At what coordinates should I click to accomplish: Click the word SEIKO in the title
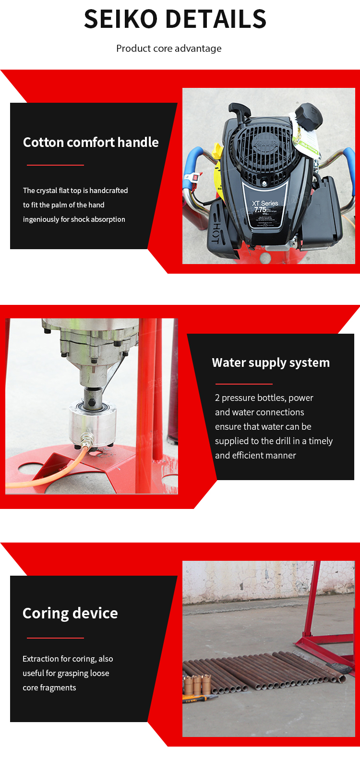pyautogui.click(x=120, y=19)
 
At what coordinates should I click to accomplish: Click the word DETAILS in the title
pyautogui.click(x=216, y=19)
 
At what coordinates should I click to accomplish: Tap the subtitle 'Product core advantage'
pyautogui.click(x=169, y=48)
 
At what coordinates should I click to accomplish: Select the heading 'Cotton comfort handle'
pyautogui.click(x=91, y=142)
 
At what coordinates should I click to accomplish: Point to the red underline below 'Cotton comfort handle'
pyautogui.click(x=55, y=165)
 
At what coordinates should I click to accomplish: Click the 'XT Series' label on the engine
pyautogui.click(x=265, y=203)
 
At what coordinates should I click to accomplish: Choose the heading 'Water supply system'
pyautogui.click(x=271, y=362)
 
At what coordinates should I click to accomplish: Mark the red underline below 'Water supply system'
pyautogui.click(x=244, y=384)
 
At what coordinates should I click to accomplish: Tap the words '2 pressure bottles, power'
pyautogui.click(x=264, y=398)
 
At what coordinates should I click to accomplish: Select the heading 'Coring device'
pyautogui.click(x=70, y=613)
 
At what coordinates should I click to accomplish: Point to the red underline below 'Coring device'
pyautogui.click(x=55, y=638)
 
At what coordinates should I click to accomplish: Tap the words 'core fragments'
pyautogui.click(x=49, y=688)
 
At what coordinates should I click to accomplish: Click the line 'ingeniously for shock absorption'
pyautogui.click(x=74, y=219)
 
